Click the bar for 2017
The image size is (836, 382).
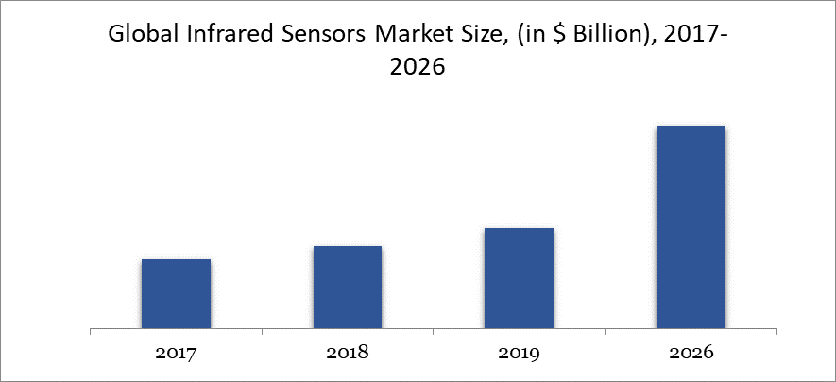176,294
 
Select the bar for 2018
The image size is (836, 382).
348,287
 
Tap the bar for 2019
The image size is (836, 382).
519,279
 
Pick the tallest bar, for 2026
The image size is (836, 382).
691,227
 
